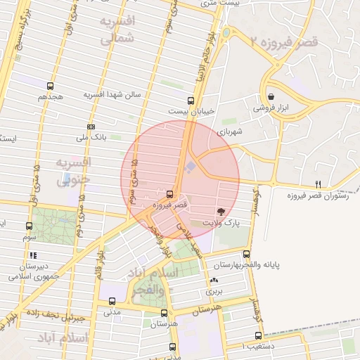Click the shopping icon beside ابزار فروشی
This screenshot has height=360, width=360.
point(271,97)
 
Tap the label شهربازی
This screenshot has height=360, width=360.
point(230,131)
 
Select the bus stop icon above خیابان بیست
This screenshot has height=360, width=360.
point(191,101)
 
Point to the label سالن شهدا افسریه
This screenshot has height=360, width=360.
point(113,94)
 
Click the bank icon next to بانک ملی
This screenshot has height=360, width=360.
point(90,127)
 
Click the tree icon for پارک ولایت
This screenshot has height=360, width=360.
point(221,211)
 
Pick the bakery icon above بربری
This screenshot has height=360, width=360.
point(214,279)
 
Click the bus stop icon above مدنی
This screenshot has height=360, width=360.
point(112,301)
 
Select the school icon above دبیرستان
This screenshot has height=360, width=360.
point(32,256)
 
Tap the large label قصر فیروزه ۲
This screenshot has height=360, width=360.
point(285,42)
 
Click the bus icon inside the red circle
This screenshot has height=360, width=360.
point(169,194)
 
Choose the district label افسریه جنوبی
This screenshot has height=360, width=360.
point(72,173)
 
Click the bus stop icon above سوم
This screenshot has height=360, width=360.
point(29,226)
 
